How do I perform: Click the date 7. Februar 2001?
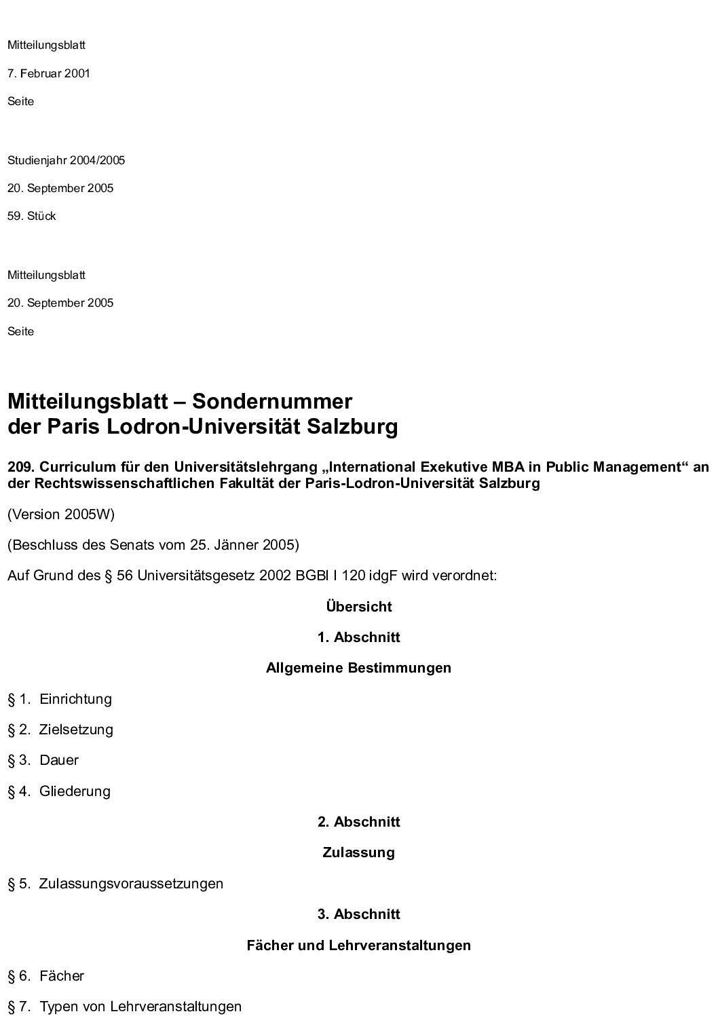[x=48, y=73]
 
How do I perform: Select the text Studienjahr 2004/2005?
[x=66, y=161]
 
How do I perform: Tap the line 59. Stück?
[x=32, y=217]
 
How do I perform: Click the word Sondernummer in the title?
[x=272, y=401]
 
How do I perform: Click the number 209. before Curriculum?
[x=22, y=467]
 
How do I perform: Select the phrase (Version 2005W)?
[x=61, y=514]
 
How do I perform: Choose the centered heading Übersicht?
[x=358, y=607]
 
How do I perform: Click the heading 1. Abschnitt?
[x=358, y=637]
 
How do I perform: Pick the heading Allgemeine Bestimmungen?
[x=358, y=668]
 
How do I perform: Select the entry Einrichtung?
[x=75, y=699]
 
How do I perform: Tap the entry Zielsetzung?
[x=76, y=730]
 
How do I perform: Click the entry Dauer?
[x=59, y=760]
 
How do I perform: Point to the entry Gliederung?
[x=75, y=791]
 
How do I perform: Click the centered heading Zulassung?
[x=358, y=852]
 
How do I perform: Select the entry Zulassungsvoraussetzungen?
[x=131, y=884]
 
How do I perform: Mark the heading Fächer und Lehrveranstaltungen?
[x=358, y=945]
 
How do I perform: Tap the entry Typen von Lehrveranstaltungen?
[x=140, y=1006]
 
